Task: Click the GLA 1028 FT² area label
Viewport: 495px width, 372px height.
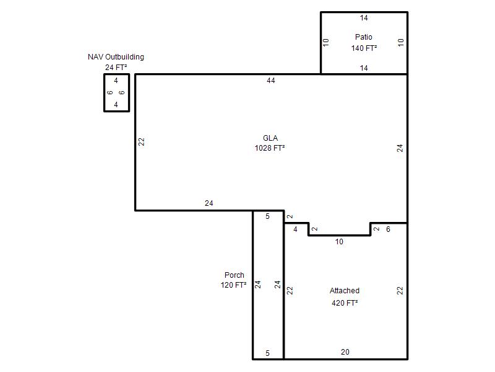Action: tap(270, 143)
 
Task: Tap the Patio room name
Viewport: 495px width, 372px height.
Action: tap(364, 37)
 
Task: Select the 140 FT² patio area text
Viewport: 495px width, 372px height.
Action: tap(364, 48)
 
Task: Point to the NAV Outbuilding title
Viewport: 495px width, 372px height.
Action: tap(116, 57)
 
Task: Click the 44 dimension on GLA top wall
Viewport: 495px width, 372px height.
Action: tap(271, 81)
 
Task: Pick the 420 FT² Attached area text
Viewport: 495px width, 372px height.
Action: tap(345, 303)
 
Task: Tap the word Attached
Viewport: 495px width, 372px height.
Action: tap(345, 290)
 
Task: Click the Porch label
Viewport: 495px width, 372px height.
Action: tap(235, 275)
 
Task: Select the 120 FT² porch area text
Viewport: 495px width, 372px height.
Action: tap(234, 285)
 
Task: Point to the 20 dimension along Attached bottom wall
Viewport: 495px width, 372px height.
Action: tap(345, 352)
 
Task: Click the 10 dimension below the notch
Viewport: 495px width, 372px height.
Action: tap(339, 242)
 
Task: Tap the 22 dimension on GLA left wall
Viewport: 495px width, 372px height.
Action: tap(142, 141)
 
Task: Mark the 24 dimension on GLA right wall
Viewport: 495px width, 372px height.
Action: tap(400, 148)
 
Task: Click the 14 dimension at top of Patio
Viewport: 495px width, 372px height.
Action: tap(364, 18)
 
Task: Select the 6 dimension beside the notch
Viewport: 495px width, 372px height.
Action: tap(389, 229)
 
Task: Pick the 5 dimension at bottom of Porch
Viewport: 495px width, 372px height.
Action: tap(267, 353)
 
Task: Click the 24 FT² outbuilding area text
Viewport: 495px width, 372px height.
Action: tap(116, 68)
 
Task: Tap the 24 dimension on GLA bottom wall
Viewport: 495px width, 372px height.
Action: tap(209, 203)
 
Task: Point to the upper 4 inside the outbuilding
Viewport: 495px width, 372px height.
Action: tap(116, 81)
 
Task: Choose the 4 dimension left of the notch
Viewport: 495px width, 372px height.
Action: tap(295, 229)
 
